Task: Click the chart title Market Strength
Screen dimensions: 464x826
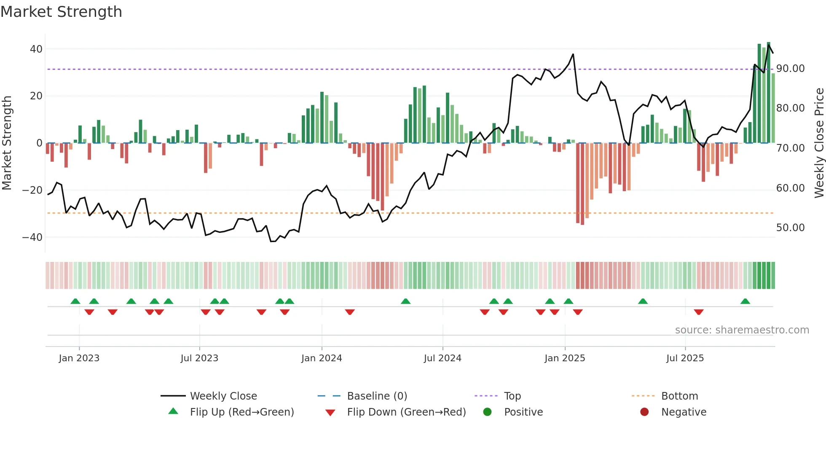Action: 61,12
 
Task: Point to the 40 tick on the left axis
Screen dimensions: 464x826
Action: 36,49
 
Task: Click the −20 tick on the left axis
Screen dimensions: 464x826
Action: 32,190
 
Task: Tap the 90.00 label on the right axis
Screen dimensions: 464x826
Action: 790,69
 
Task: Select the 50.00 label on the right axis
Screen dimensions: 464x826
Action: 790,228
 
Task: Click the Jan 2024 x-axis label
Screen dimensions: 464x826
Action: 322,358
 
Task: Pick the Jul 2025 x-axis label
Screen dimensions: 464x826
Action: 685,358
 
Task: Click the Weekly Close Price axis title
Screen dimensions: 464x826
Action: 819,143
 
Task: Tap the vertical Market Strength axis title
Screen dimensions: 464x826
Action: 7,143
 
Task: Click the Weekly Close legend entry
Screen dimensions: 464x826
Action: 223,396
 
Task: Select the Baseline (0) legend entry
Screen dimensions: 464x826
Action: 377,396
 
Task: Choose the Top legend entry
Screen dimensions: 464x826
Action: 512,396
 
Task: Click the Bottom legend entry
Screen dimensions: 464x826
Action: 679,396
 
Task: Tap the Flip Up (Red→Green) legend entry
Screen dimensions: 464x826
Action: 241,412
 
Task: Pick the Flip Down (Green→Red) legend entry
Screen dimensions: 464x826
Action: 406,412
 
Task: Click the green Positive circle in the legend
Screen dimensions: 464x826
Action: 488,412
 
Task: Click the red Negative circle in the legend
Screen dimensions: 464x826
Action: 644,412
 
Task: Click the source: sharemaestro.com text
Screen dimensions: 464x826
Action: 742,330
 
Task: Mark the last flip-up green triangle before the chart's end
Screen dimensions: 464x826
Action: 745,301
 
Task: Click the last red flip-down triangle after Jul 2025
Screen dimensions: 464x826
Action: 699,312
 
